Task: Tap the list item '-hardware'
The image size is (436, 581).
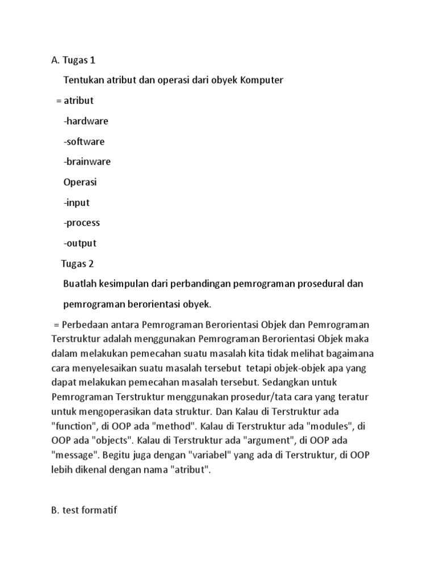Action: click(x=86, y=121)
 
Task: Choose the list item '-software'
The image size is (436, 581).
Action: click(x=84, y=141)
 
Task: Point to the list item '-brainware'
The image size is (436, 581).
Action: click(x=87, y=162)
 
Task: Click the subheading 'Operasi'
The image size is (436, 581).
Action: click(x=80, y=182)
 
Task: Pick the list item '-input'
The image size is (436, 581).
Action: click(x=77, y=203)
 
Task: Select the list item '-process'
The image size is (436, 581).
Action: click(x=82, y=223)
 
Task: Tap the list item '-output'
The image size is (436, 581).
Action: click(x=80, y=243)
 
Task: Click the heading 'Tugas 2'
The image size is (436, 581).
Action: click(x=78, y=264)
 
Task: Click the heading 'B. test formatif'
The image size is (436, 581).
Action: click(x=84, y=511)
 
